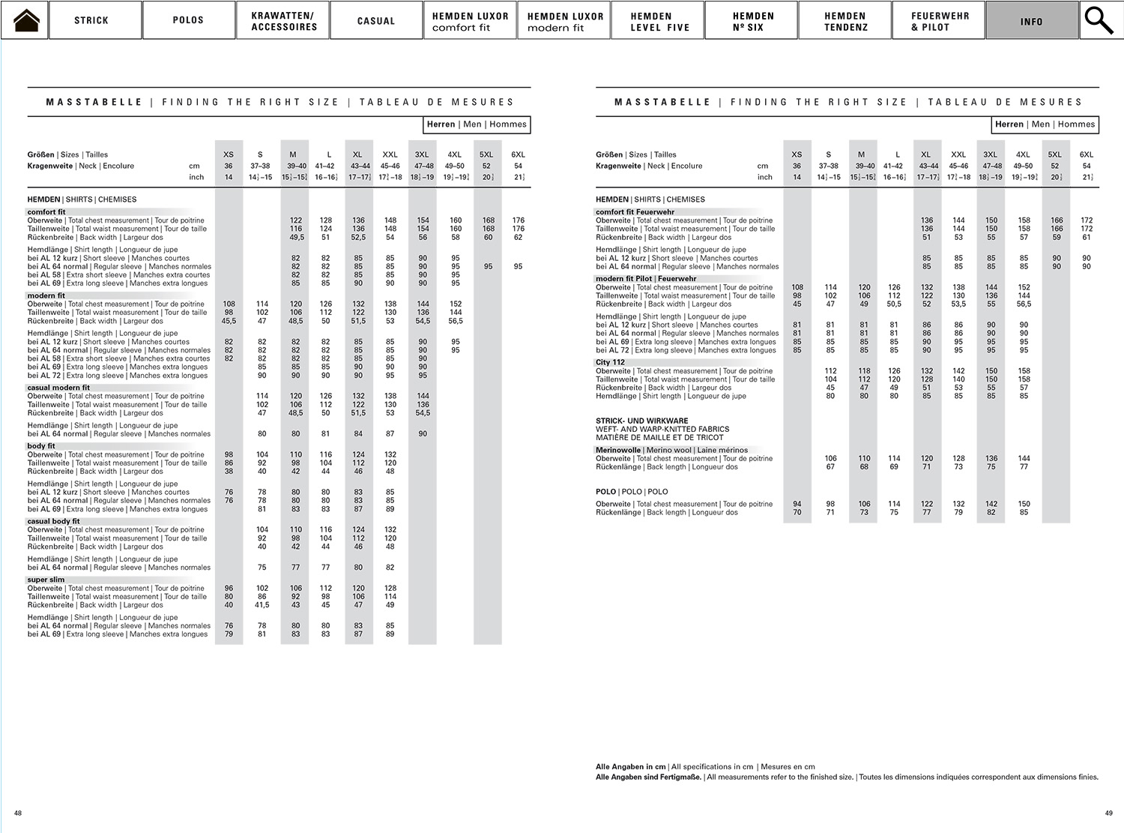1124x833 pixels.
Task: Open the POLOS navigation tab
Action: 188,20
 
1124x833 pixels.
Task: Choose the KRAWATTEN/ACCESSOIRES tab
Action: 284,21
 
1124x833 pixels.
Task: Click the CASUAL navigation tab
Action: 376,21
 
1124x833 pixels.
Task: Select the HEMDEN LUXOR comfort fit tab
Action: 470,21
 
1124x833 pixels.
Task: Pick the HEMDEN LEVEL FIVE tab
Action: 659,21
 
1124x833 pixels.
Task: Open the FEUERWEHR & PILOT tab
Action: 940,21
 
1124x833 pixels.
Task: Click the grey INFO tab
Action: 1032,21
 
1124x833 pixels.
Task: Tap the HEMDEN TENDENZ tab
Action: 846,21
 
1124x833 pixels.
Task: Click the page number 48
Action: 18,813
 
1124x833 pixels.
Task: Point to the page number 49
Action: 1109,813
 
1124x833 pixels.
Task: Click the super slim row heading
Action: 46,580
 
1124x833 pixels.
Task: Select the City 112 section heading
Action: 611,362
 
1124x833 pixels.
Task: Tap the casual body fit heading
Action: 53,521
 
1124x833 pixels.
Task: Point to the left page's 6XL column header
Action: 518,154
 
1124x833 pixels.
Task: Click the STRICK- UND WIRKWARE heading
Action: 642,421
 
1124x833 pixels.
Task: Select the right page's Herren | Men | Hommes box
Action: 1045,124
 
